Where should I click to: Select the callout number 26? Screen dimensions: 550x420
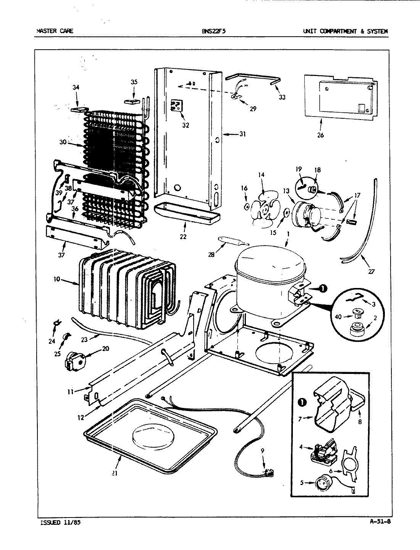tap(320, 135)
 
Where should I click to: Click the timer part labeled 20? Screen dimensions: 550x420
tap(74, 359)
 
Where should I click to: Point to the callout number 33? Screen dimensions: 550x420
tap(282, 97)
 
